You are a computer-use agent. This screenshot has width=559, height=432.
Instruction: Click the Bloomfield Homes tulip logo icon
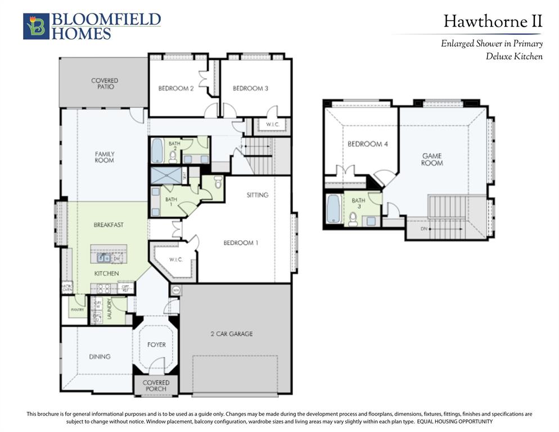tap(36, 26)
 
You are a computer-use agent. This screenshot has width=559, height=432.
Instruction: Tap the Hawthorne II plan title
tap(493, 22)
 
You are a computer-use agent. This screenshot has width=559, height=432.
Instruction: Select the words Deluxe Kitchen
tap(514, 56)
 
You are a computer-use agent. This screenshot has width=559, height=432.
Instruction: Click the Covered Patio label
tap(105, 84)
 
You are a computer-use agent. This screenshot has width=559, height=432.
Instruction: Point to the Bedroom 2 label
tap(176, 88)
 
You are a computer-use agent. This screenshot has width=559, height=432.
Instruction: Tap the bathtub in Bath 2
tap(157, 150)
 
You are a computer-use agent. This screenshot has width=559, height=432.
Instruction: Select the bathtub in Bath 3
tap(333, 209)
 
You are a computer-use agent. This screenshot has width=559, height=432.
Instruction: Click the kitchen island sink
tap(103, 258)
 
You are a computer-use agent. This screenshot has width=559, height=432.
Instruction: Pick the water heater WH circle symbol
tap(175, 290)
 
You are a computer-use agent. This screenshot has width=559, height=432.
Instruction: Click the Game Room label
tap(432, 159)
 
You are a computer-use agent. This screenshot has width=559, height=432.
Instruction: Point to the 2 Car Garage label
tap(232, 334)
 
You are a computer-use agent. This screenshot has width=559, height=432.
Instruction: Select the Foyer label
tap(156, 344)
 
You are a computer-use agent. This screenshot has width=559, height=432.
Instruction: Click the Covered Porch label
tap(156, 386)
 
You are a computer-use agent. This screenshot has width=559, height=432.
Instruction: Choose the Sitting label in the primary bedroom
tap(258, 195)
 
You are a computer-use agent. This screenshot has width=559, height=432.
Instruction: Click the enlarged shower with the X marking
tap(166, 175)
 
